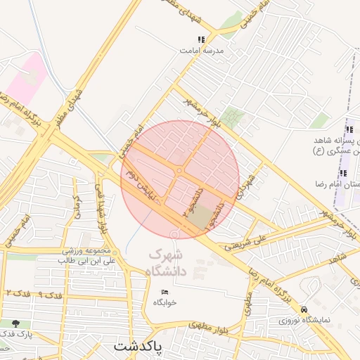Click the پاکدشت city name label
click(x=138, y=347)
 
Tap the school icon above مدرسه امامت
click(x=202, y=40)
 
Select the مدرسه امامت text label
click(x=201, y=51)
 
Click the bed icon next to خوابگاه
click(x=165, y=292)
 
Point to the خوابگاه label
click(x=165, y=302)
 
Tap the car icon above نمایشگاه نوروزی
click(x=304, y=309)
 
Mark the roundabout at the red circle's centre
click(x=180, y=171)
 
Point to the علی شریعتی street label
click(x=245, y=243)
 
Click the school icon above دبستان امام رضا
click(x=343, y=173)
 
